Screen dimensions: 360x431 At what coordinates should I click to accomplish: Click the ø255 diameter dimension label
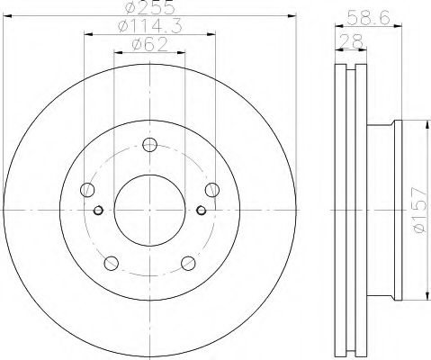point(149,8)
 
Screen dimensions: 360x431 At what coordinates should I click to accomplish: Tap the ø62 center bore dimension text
point(149,45)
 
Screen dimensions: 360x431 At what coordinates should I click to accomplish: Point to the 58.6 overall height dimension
point(364,15)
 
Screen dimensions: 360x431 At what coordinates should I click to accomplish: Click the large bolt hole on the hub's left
point(87,190)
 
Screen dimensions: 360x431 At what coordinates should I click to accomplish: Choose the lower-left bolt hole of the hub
point(111,263)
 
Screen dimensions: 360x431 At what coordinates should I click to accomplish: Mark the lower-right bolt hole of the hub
point(188,263)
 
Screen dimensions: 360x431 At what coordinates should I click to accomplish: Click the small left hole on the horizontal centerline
point(98,211)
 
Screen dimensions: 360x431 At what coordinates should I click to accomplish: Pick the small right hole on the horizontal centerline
point(201,211)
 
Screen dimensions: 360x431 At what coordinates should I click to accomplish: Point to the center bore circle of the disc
point(149,210)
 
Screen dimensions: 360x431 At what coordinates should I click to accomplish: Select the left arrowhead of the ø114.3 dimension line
point(87,35)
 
